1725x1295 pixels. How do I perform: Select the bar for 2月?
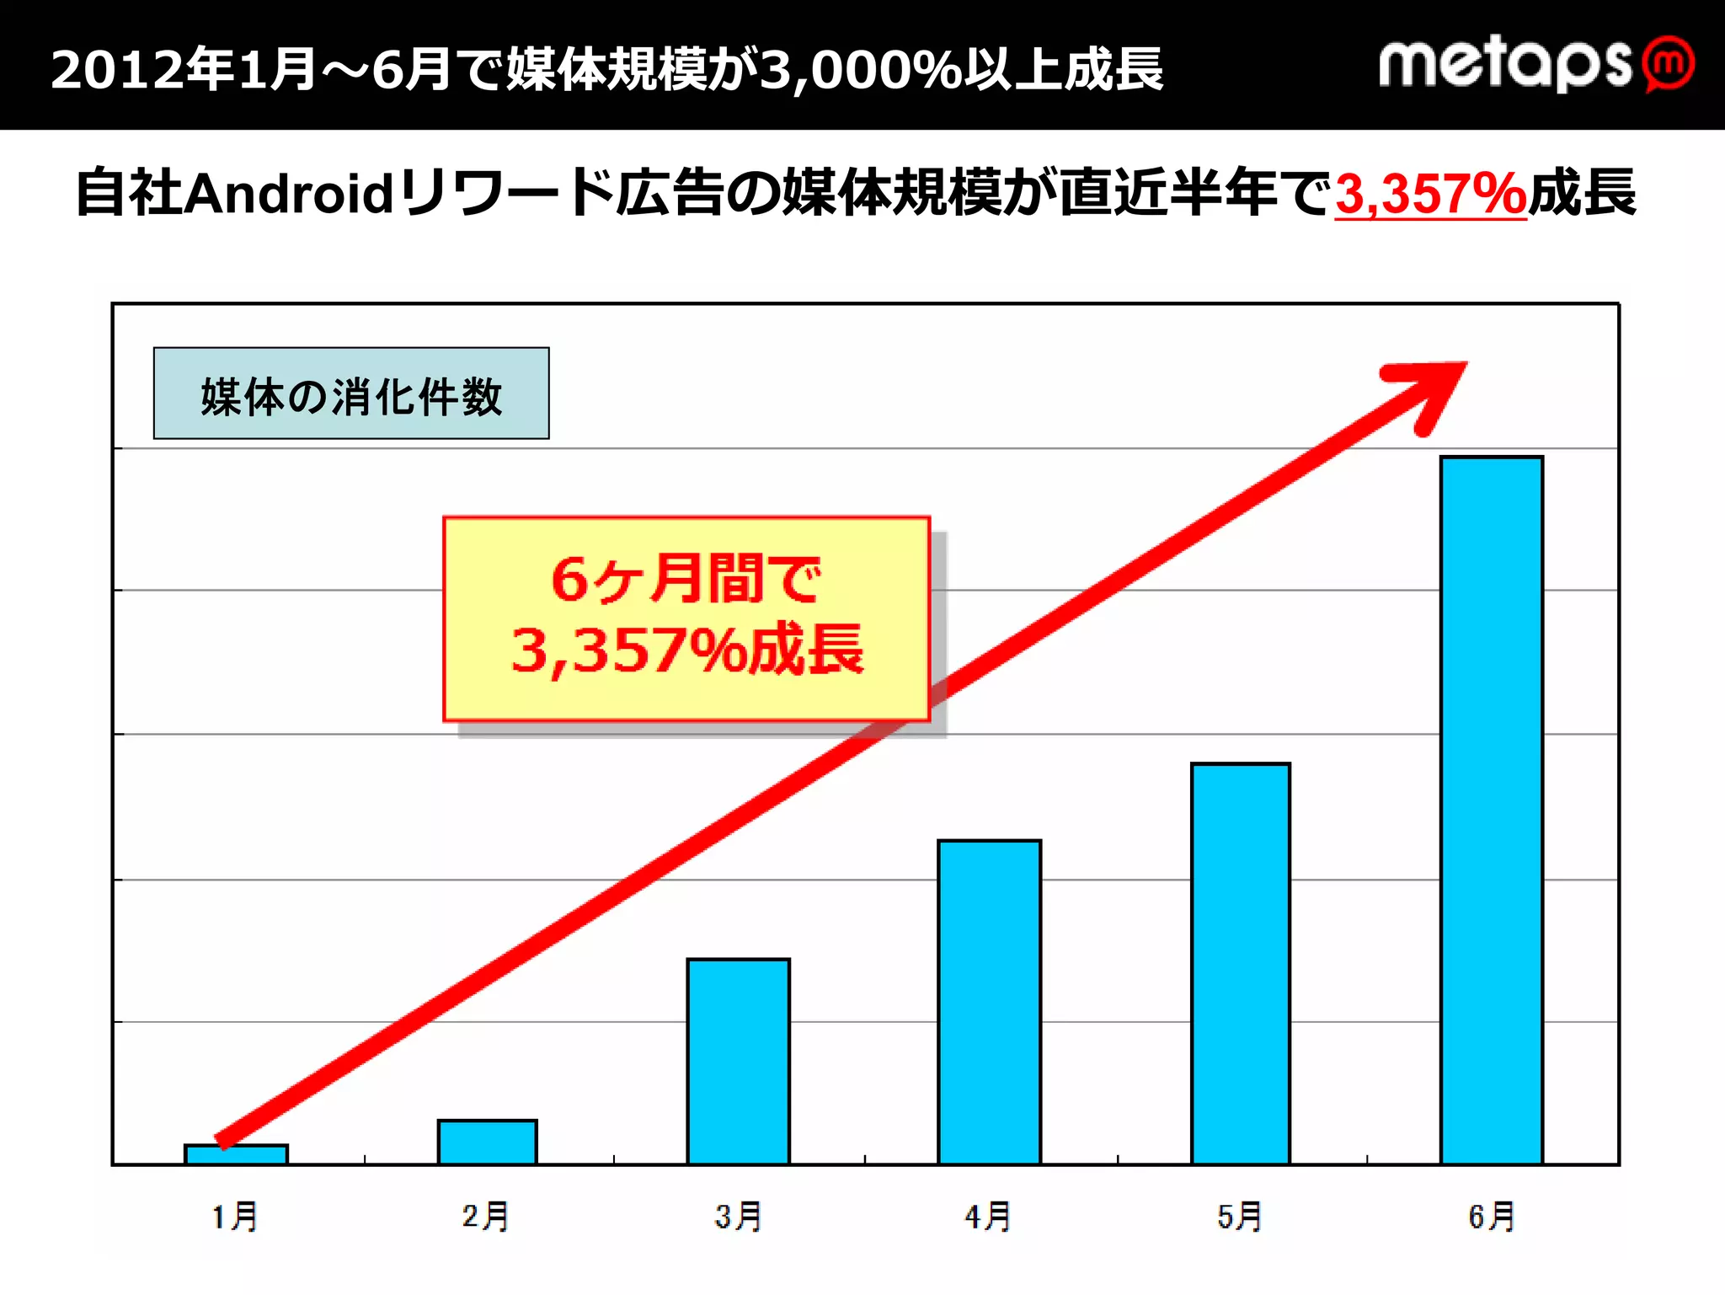point(487,1142)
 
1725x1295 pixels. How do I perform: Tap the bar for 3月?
point(738,1062)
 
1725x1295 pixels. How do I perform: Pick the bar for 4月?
point(989,1003)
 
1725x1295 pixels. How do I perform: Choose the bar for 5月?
point(1240,964)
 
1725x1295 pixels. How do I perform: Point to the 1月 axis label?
point(235,1217)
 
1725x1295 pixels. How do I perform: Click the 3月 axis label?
point(738,1217)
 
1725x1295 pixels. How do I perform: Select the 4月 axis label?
point(988,1217)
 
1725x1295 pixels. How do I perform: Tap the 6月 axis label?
point(1491,1217)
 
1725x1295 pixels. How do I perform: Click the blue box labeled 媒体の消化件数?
point(351,393)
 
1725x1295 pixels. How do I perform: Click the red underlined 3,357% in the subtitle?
point(1430,194)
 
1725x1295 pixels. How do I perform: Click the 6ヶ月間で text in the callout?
point(686,580)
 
